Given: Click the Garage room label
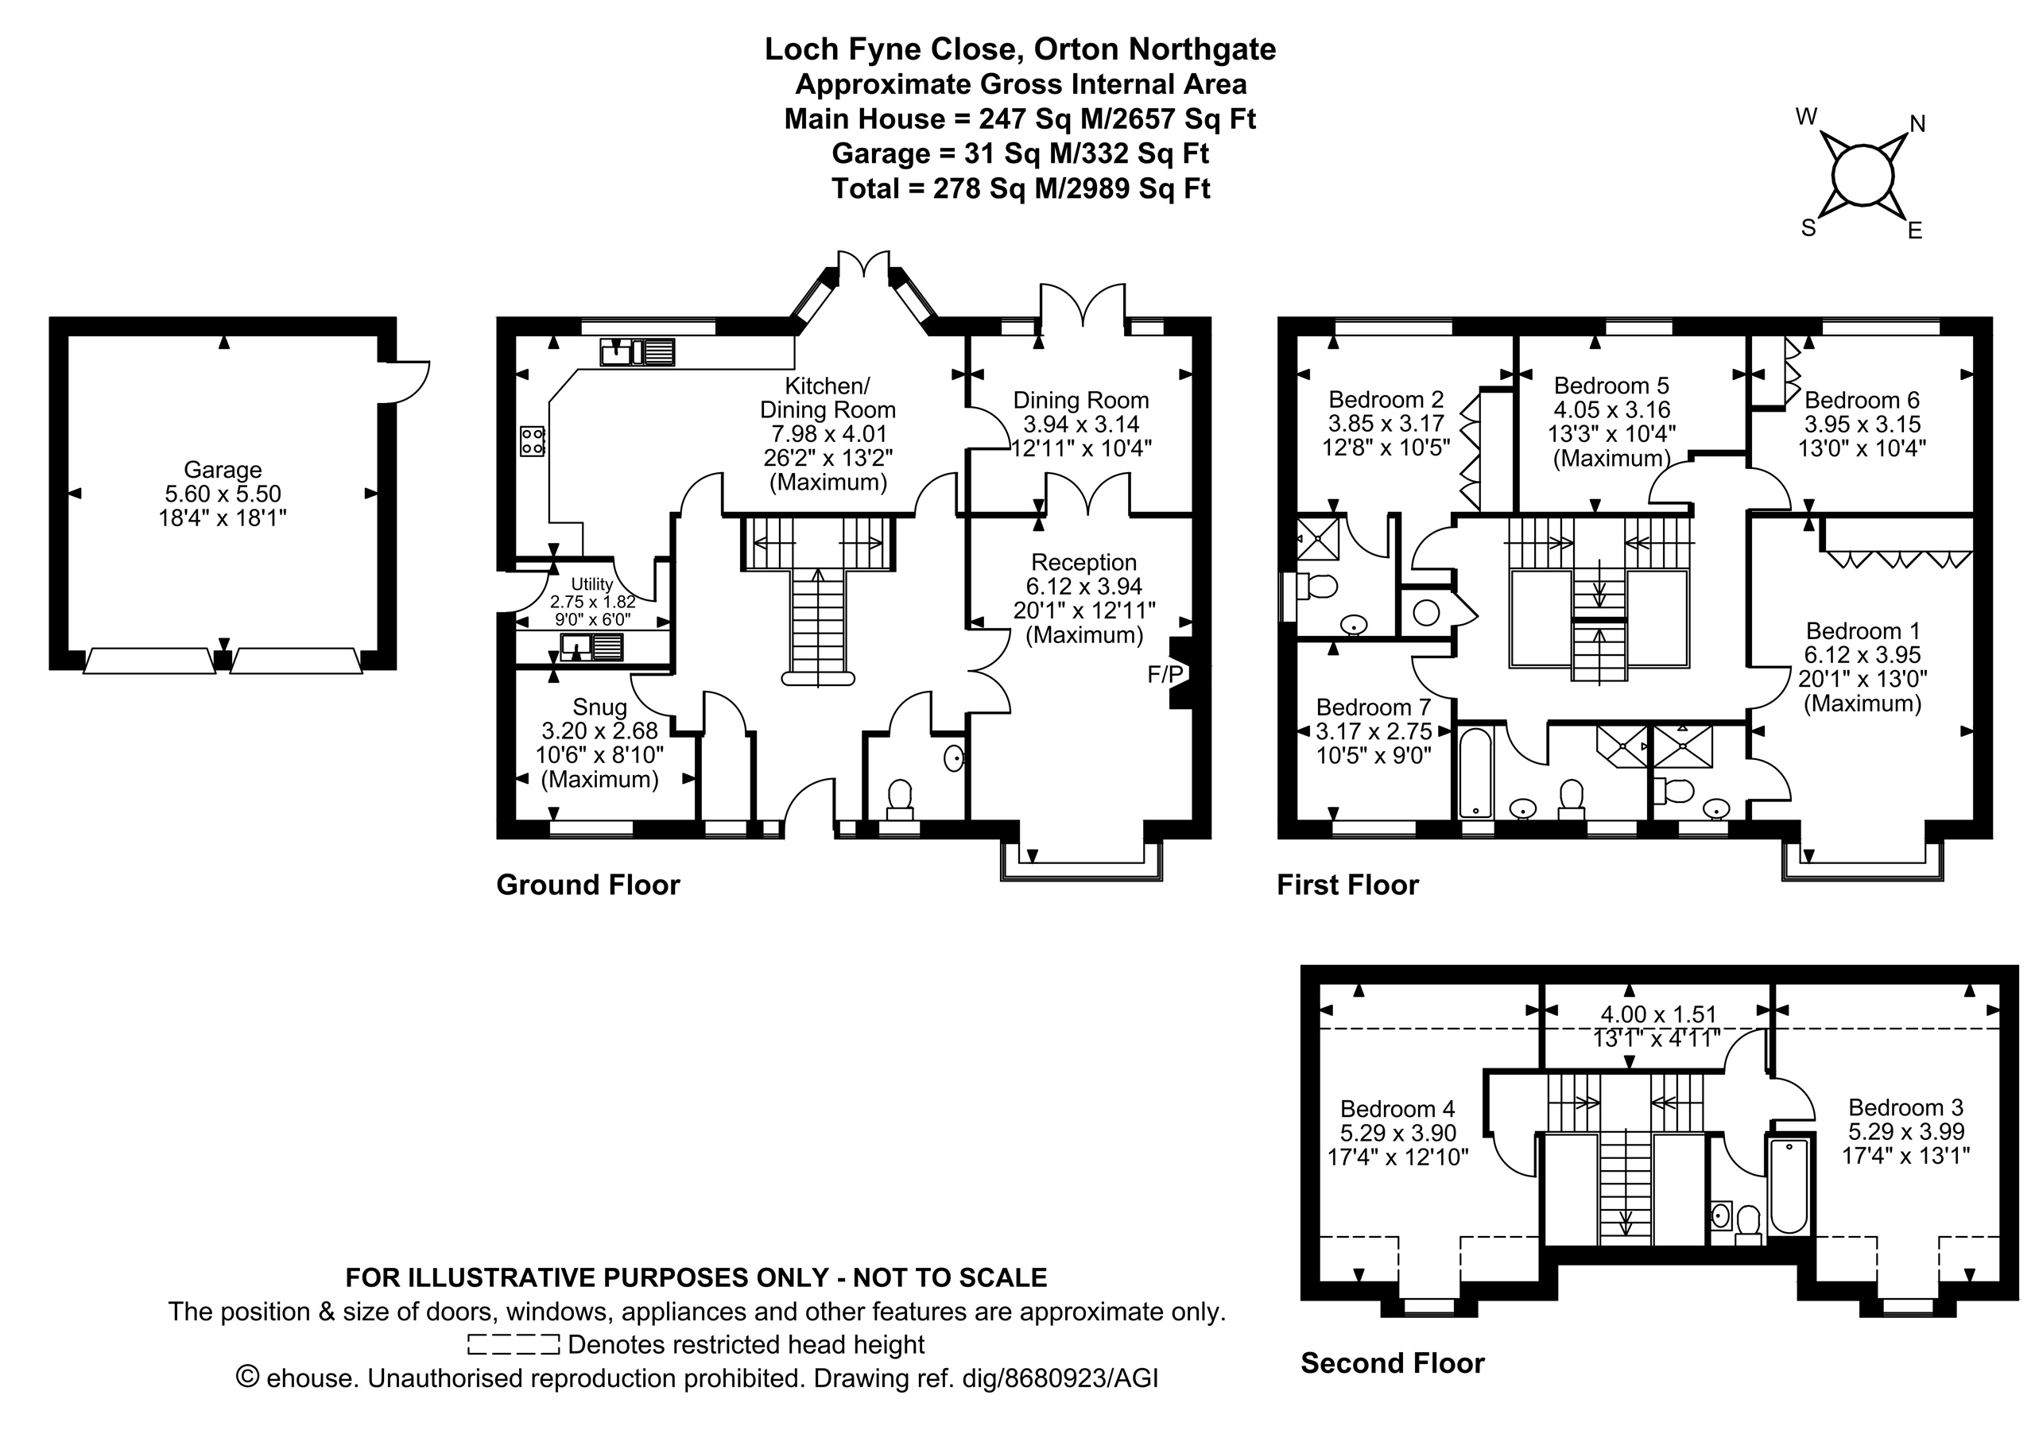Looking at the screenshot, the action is [x=223, y=469].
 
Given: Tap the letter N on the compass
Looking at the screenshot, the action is [x=1917, y=124].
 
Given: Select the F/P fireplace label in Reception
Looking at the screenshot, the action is [x=1165, y=675].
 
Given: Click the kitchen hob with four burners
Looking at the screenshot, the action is [x=533, y=440].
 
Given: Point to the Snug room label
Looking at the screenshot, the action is [x=600, y=707].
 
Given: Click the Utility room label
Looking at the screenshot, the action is [x=592, y=584].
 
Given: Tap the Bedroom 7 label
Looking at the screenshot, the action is [x=1374, y=707].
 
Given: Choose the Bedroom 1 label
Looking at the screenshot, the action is [x=1863, y=630].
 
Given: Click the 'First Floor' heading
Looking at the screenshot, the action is [x=1347, y=885].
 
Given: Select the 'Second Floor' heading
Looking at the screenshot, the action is [x=1393, y=1362].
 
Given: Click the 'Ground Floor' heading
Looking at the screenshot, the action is [x=588, y=885].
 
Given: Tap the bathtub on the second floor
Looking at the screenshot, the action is [x=1789, y=1187].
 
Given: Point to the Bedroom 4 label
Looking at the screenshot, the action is [x=1397, y=1108].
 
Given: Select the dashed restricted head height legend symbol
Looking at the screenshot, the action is [x=514, y=1345].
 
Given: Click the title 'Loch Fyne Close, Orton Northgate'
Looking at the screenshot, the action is [x=1020, y=48].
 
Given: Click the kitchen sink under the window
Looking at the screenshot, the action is [x=638, y=352].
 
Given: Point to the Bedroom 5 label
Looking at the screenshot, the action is [x=1611, y=386].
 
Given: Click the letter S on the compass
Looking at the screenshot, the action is [x=1809, y=228].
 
